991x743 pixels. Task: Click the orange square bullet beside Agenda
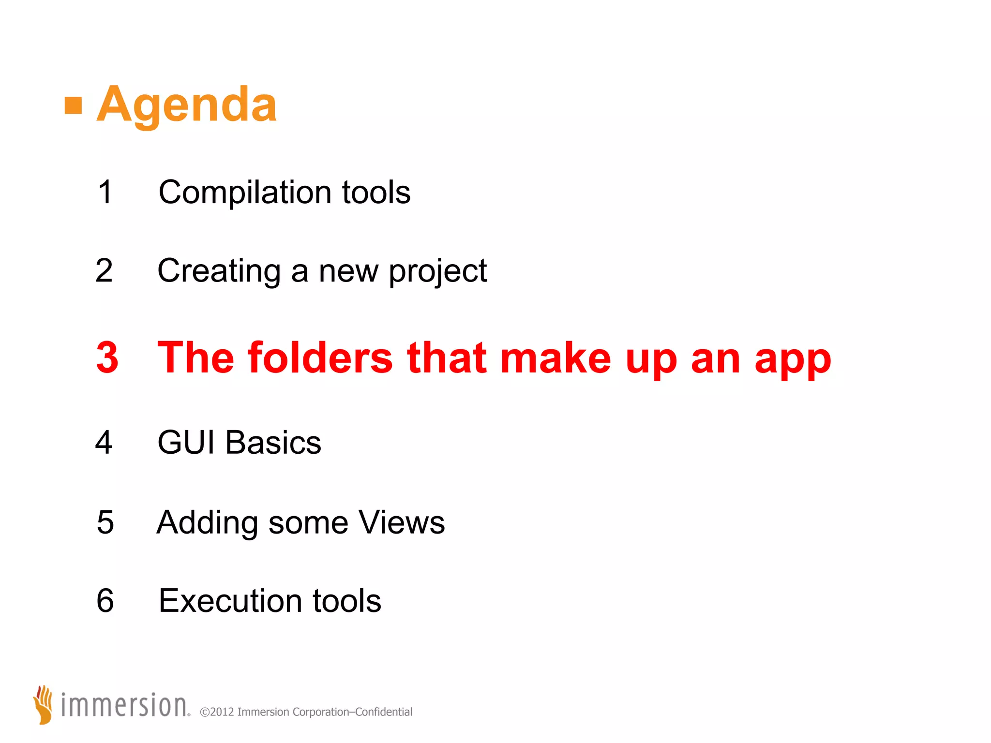pos(73,105)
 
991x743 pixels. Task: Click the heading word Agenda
pos(187,105)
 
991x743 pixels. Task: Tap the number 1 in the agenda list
pos(105,192)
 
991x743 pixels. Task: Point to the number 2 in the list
pos(104,270)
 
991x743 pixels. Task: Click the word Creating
pos(219,271)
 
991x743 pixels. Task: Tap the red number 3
pos(107,357)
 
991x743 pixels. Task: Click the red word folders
pos(320,357)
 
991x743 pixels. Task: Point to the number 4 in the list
pos(104,442)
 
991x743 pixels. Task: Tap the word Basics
pos(273,442)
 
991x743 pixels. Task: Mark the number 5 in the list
pos(105,522)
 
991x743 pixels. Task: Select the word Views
pos(402,522)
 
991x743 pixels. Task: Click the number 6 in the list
pos(105,601)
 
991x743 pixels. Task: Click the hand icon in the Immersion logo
pos(43,704)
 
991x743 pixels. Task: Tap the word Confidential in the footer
pos(384,712)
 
